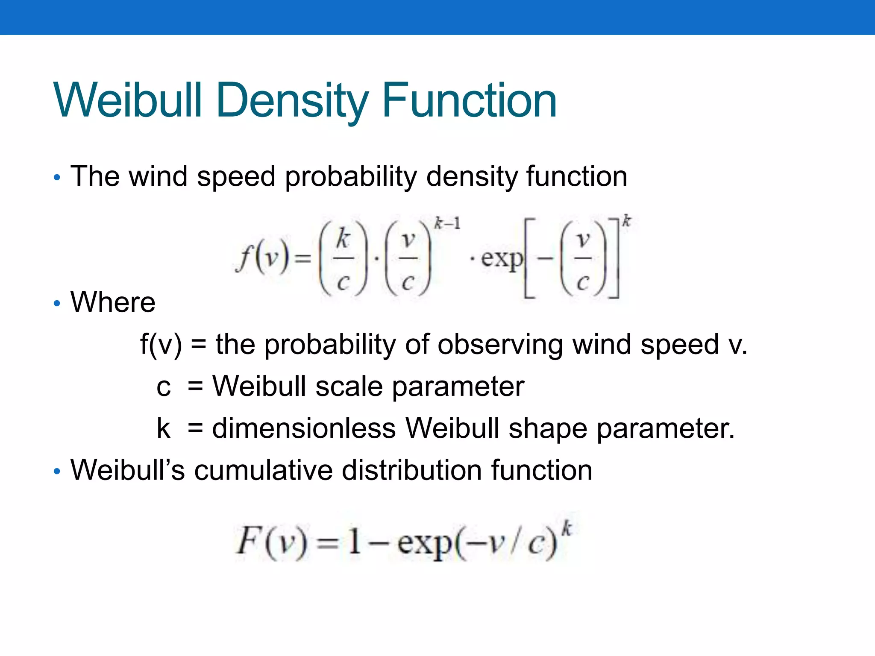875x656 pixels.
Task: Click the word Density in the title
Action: pos(292,101)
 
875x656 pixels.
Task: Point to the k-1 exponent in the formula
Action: pos(447,223)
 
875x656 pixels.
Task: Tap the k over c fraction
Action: pos(343,258)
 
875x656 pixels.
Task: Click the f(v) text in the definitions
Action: pos(161,344)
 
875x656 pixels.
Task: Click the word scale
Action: pos(349,386)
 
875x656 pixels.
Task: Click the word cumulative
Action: pos(263,470)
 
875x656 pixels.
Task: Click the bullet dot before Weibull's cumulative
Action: pos(57,471)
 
